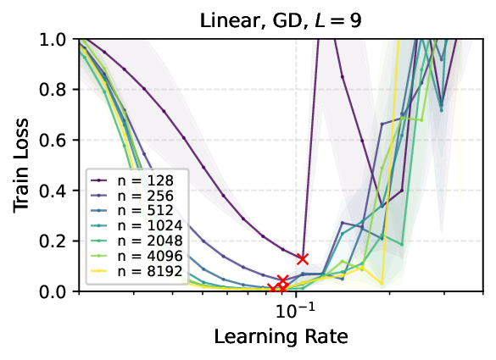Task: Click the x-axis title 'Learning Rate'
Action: click(281, 336)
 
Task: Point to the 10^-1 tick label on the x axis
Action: click(296, 310)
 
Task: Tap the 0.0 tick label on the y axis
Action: click(59, 291)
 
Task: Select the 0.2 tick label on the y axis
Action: click(59, 241)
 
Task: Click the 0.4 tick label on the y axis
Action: click(59, 191)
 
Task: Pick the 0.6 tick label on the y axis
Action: click(59, 141)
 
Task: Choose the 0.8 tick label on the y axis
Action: click(59, 90)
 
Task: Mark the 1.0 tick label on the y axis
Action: click(59, 40)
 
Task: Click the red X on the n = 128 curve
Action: click(302, 258)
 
